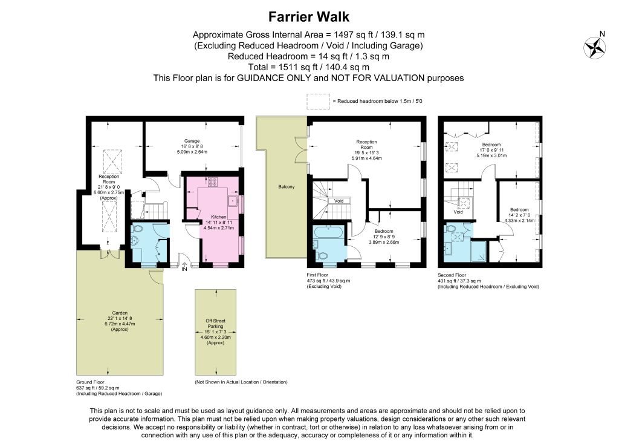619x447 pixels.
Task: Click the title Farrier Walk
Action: [309, 17]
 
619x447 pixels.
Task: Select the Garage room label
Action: [192, 141]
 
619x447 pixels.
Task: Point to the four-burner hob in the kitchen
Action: [212, 181]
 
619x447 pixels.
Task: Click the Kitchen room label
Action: [219, 217]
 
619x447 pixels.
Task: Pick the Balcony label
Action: [286, 187]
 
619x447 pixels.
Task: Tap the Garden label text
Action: [120, 313]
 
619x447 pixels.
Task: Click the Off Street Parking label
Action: [216, 324]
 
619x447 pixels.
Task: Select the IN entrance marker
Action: [184, 269]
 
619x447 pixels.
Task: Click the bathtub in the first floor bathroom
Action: [329, 232]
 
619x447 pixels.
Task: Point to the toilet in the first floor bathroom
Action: [323, 255]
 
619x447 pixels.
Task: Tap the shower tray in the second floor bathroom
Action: [479, 252]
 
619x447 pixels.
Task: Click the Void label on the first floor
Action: [339, 201]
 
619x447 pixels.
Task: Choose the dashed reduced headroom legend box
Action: [318, 101]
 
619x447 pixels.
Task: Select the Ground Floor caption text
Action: [91, 382]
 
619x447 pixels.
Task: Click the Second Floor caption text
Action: [452, 275]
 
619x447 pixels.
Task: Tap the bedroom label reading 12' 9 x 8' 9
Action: [384, 237]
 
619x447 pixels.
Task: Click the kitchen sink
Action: [233, 201]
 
